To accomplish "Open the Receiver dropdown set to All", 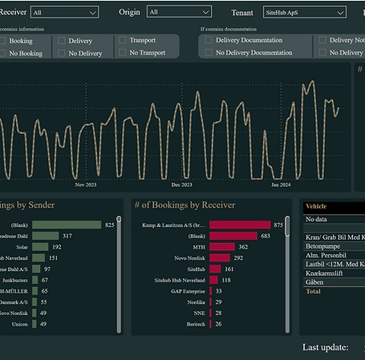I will [x=64, y=12].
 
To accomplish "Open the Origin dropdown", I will [x=179, y=12].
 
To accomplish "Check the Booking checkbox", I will [x=5, y=40].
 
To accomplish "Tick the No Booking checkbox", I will [x=5, y=53].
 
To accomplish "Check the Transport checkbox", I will [x=122, y=39].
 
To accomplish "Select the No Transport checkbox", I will [x=122, y=52].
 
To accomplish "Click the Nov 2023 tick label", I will [x=85, y=184].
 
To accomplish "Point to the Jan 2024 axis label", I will [x=281, y=184].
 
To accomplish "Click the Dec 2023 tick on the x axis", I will [x=181, y=184].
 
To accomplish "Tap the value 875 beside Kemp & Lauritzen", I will [x=278, y=225].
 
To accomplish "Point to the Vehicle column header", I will [x=316, y=206].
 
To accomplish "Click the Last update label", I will [x=325, y=347].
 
